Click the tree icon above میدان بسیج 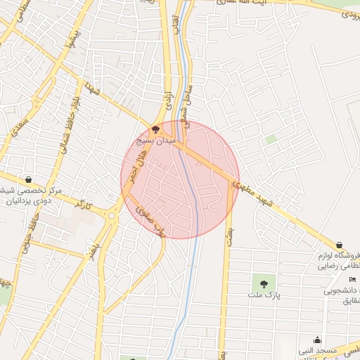coord(155,129)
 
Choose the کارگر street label coord(84,207)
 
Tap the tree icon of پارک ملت coord(264,284)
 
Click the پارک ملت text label coord(266,295)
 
